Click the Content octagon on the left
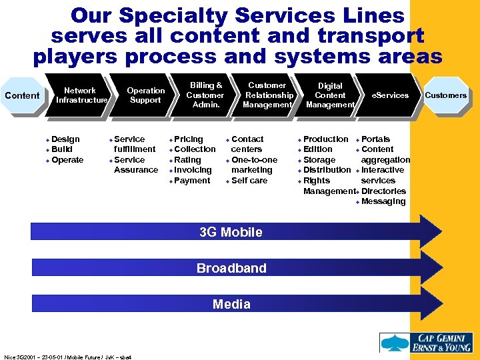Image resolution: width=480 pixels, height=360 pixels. (22, 95)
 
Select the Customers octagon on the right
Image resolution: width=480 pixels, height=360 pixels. (445, 95)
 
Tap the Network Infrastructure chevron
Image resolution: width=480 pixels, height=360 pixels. (80, 95)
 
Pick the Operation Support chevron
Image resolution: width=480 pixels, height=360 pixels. (145, 95)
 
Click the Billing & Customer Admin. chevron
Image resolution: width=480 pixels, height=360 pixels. (205, 95)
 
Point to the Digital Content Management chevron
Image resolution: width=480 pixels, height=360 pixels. (330, 95)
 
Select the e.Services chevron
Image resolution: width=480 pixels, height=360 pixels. (390, 95)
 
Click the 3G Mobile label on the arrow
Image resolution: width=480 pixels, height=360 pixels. (231, 232)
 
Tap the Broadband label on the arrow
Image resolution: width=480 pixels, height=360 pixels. (231, 268)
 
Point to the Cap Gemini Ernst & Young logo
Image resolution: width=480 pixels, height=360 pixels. (426, 342)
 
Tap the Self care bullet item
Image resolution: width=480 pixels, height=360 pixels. (249, 181)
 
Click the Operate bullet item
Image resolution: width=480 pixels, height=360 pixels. (67, 160)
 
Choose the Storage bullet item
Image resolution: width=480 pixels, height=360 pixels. (319, 160)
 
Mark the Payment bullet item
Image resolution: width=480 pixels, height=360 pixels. (191, 181)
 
